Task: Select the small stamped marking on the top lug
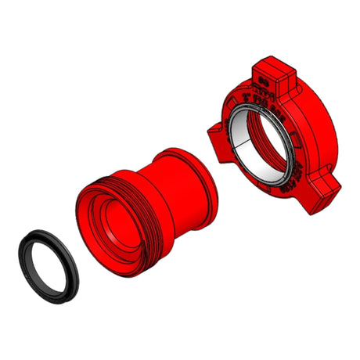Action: coord(264,77)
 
